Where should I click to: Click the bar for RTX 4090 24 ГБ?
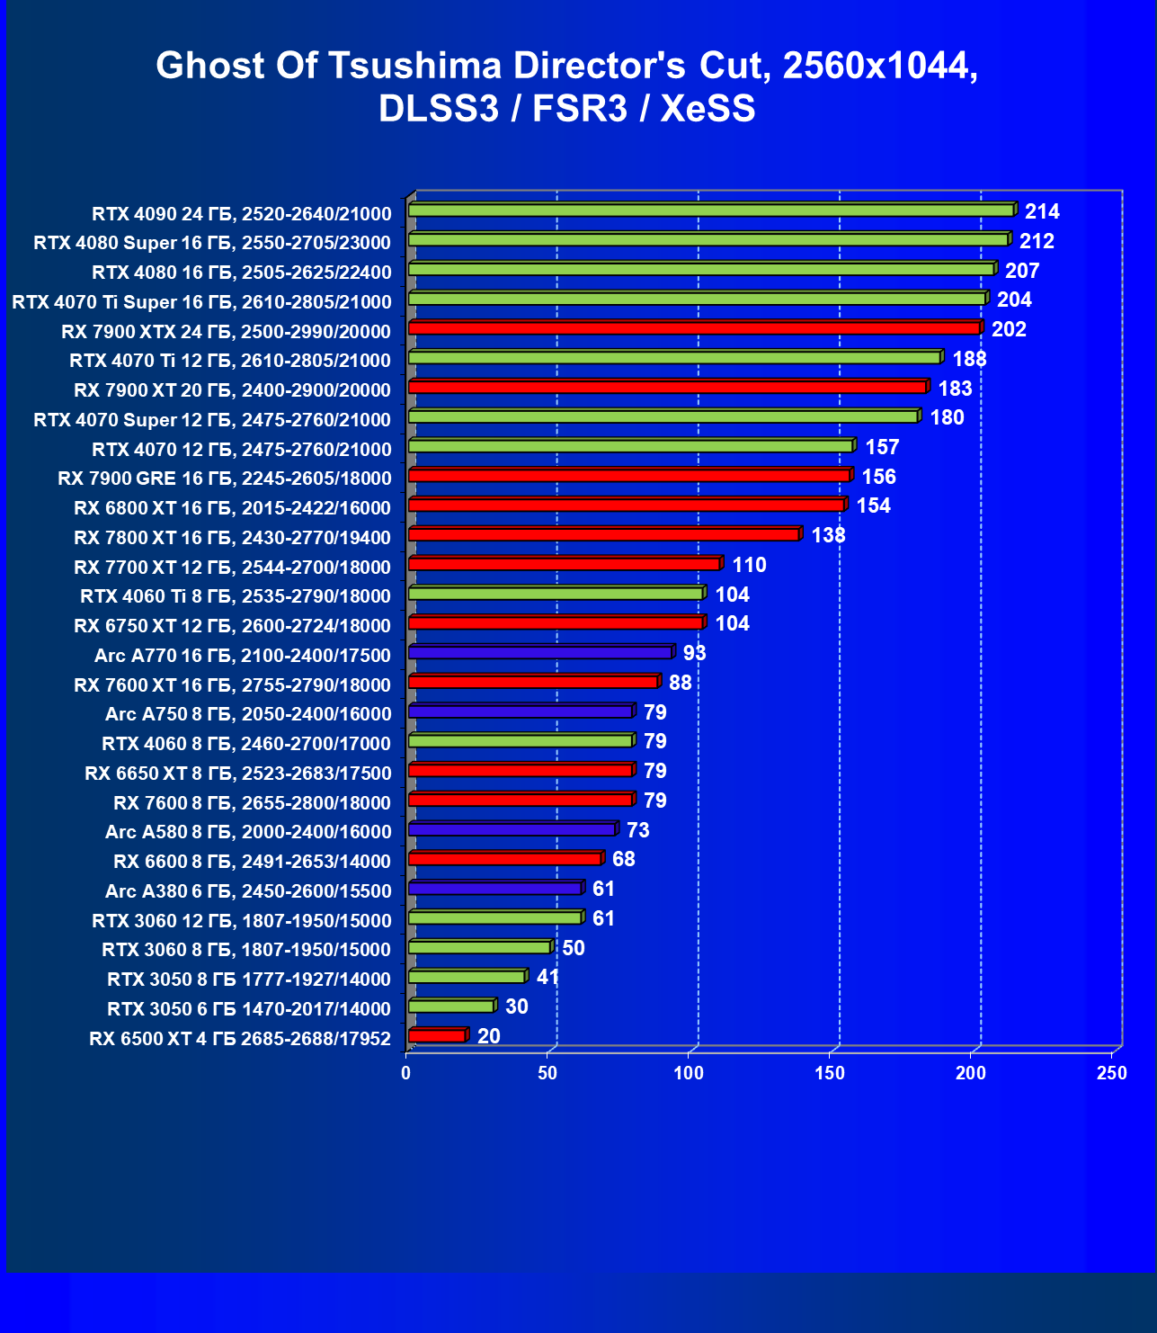pos(710,210)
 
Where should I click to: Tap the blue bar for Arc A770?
pos(539,652)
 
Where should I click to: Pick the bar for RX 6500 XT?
pos(437,1036)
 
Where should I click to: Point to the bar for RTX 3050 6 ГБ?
pos(451,1006)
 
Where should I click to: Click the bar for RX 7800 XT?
pos(603,535)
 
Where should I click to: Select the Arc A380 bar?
pos(495,889)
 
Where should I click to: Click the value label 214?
pos(1042,211)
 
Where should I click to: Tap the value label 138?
pos(828,535)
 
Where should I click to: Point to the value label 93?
pos(694,653)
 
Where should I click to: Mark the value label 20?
pos(488,1036)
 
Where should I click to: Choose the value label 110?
pos(749,565)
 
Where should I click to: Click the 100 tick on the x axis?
pos(689,1072)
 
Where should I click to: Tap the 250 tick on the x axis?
pos(1112,1072)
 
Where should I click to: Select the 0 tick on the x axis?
pos(406,1072)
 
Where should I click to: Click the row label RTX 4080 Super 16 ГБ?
pos(212,243)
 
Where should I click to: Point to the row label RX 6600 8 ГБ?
pos(252,862)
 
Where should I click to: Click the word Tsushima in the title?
pos(413,66)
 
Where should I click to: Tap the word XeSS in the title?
pos(708,109)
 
